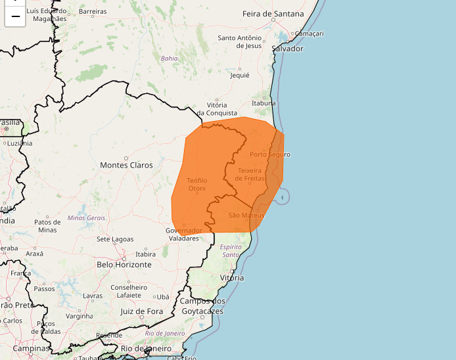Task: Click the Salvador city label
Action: pos(287,49)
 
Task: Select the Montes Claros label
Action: pos(126,165)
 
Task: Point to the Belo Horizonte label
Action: pos(124,265)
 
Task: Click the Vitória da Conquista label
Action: pos(216,109)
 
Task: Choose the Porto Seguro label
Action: pos(269,154)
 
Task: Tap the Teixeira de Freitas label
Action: pos(250,174)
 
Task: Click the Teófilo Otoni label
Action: pos(196,185)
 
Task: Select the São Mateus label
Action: pos(246,215)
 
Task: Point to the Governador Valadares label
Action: pos(183,235)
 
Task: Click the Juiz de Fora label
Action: pos(141,311)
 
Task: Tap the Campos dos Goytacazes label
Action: pos(202,306)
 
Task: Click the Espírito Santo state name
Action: pos(231,250)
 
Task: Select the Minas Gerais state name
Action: pos(86,217)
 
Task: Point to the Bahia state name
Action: pos(170,58)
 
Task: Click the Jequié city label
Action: pos(239,75)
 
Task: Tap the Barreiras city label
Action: pos(92,12)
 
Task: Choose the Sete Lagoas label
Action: pos(115,239)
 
